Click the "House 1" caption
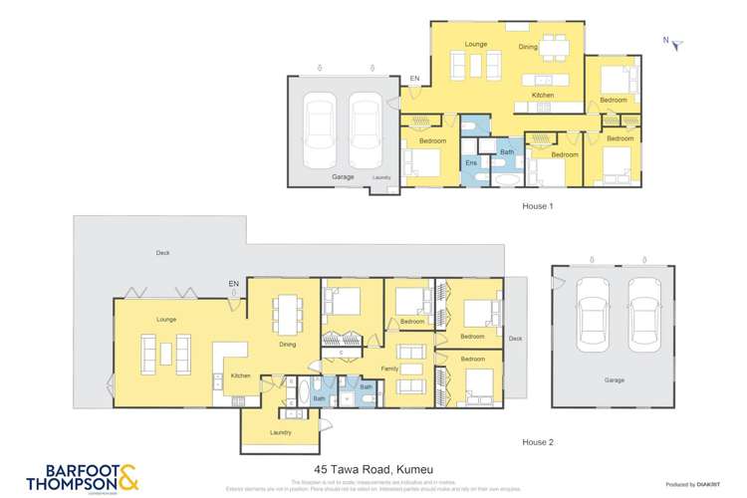[x=538, y=205]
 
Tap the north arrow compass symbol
[x=673, y=43]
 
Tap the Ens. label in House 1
[x=472, y=161]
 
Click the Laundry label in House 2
[x=280, y=432]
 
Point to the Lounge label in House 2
[x=166, y=321]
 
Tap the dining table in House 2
[x=288, y=314]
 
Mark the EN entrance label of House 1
[x=415, y=79]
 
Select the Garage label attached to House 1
[x=343, y=176]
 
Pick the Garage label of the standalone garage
[x=615, y=379]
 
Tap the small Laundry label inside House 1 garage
[x=381, y=178]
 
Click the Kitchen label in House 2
[x=240, y=375]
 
